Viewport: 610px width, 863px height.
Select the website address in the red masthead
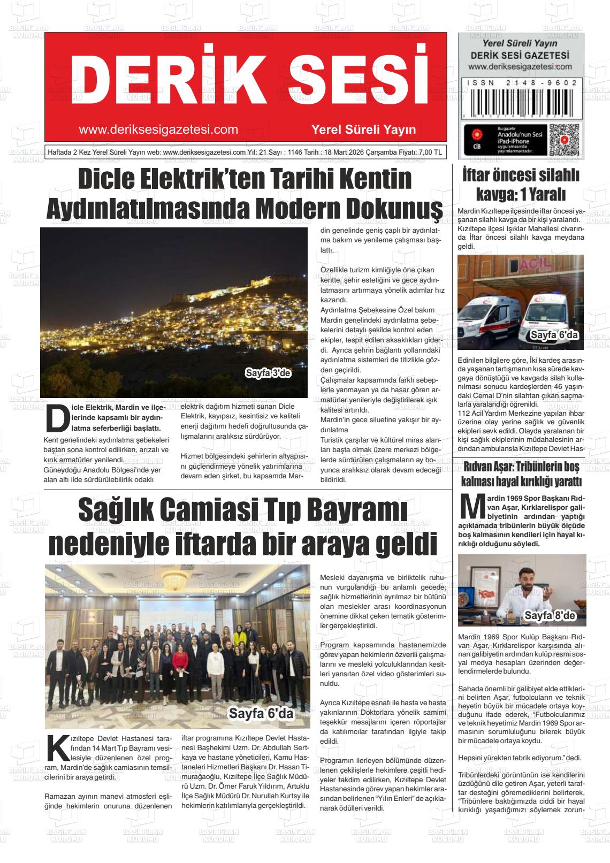(x=158, y=130)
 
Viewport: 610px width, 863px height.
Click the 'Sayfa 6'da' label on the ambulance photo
(x=554, y=336)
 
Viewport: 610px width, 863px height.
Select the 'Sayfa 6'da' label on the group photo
(x=262, y=713)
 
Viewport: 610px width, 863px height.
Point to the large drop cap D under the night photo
(x=56, y=418)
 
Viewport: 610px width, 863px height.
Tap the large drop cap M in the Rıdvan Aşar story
(x=472, y=508)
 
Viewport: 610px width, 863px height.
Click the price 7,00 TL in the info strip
(x=431, y=152)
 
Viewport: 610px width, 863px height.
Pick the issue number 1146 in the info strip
(x=295, y=152)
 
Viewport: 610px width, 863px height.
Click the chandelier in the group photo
(x=176, y=578)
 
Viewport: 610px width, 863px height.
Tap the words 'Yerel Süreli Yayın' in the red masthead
(x=363, y=130)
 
